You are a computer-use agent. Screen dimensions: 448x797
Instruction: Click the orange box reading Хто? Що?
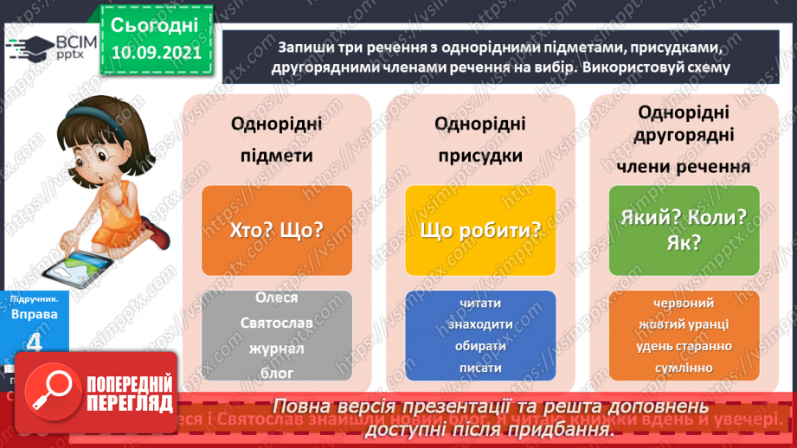coord(277,231)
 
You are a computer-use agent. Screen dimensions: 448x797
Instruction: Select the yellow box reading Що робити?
coord(480,231)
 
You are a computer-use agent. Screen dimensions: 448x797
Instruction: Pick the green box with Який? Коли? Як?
coord(684,229)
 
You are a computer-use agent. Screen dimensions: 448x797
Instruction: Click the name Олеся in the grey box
coord(277,298)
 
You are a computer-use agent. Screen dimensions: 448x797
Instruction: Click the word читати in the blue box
coord(480,302)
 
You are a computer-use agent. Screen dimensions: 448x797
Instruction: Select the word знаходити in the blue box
coord(480,323)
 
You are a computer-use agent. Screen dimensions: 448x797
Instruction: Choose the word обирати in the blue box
coord(480,345)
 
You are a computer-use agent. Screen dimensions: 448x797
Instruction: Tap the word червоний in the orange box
coord(684,303)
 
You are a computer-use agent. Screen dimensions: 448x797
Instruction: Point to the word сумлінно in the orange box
coord(684,368)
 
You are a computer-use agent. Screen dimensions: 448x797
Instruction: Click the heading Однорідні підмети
coord(277,139)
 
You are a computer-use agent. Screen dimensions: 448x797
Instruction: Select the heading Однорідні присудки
coord(480,139)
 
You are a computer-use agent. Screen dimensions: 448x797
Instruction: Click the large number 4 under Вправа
coord(35,343)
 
